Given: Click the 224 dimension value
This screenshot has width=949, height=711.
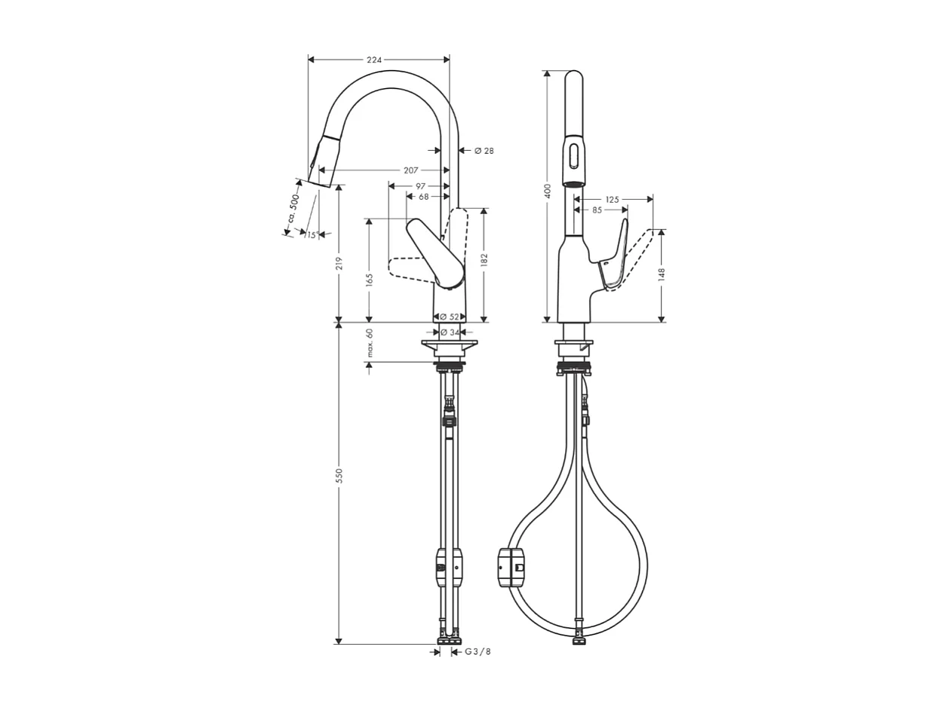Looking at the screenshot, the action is tap(374, 60).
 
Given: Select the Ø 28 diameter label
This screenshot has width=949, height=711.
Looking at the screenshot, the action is tap(484, 151).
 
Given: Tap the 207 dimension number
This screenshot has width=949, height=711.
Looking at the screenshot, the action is tap(410, 170).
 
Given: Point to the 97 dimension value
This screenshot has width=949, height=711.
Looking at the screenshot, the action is tap(421, 185).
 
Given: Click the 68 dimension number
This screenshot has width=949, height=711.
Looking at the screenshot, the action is tap(423, 197).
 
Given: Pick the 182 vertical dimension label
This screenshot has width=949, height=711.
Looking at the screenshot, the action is tap(484, 259).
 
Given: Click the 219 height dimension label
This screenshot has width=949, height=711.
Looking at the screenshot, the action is tap(339, 263).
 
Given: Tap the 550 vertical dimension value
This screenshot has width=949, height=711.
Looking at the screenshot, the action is tap(339, 475).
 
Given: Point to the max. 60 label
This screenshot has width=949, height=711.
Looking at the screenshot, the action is tap(370, 342).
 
